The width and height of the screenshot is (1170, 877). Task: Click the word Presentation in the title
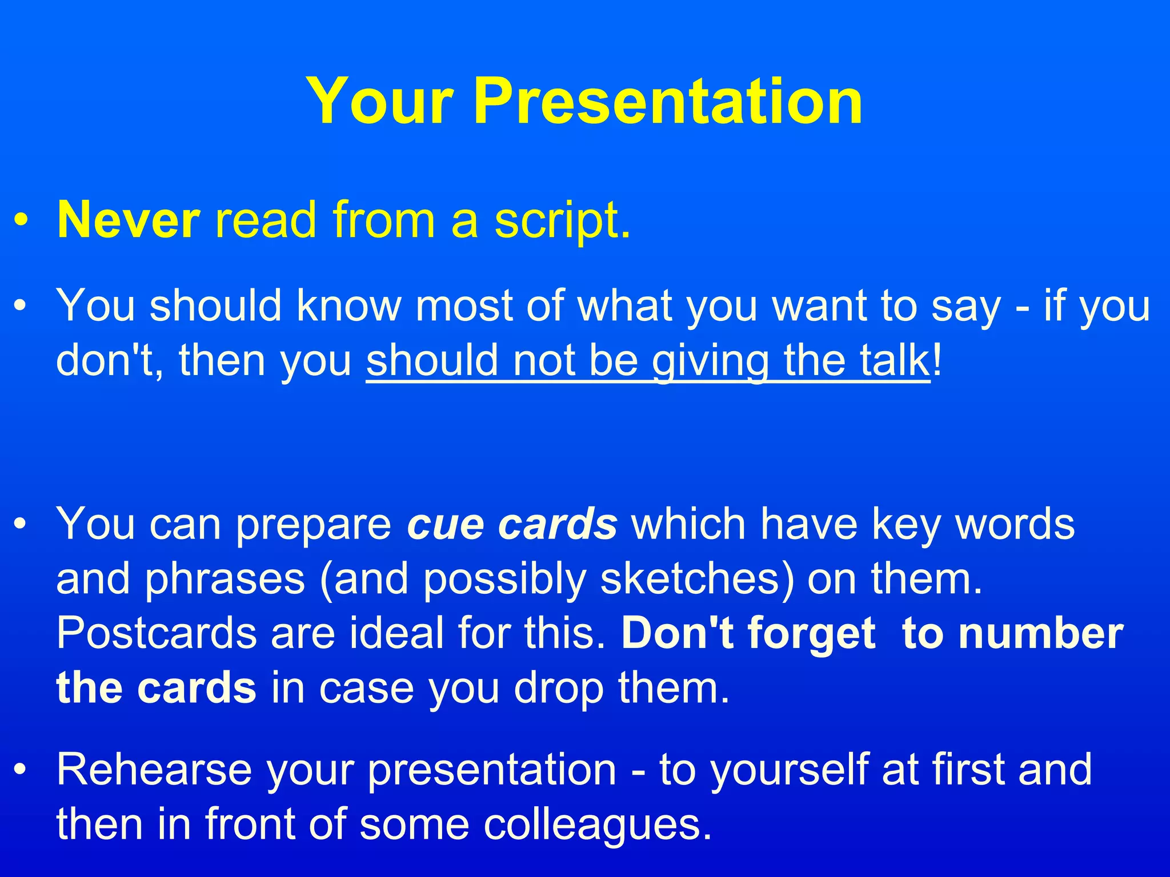coord(668,102)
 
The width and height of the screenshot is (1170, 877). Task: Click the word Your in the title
coord(380,102)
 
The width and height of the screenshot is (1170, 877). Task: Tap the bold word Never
coord(129,220)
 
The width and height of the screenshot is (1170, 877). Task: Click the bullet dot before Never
coord(21,221)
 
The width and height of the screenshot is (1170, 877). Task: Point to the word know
coord(349,306)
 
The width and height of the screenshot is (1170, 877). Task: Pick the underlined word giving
coord(711,361)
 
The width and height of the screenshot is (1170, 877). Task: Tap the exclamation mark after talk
coord(937,360)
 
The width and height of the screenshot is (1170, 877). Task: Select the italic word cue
coord(446,524)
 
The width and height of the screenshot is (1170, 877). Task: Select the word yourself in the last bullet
coord(788,770)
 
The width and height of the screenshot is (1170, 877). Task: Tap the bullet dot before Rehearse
coord(21,770)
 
